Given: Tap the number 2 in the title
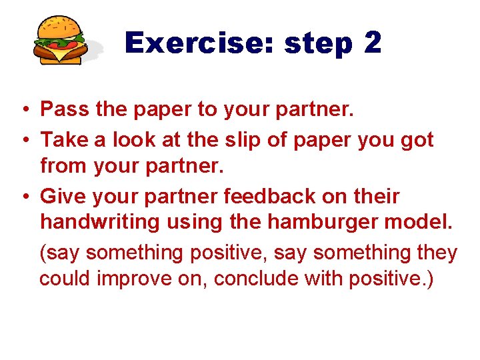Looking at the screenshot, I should [373, 43].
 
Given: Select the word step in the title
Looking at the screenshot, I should [319, 44].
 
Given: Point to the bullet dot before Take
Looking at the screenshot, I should [23, 141].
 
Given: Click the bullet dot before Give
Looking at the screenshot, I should [23, 197].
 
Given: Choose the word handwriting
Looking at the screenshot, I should [99, 222].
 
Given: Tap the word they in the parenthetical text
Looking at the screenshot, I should [436, 253].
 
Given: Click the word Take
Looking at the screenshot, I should [65, 140].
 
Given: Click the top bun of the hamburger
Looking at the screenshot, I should [59, 27].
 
